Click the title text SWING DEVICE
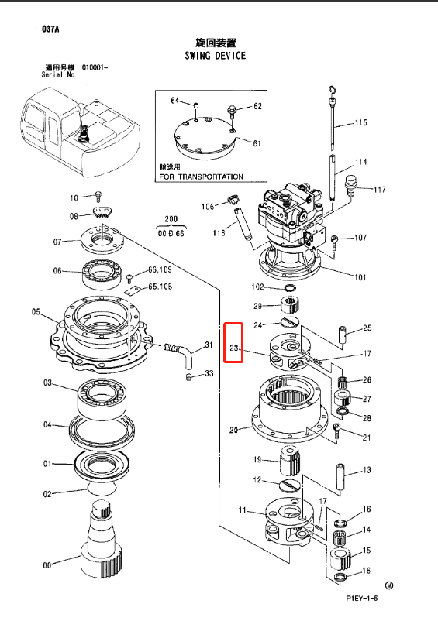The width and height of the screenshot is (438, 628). click(x=215, y=56)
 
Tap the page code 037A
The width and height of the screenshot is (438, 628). click(x=51, y=29)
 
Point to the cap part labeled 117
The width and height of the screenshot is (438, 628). click(x=349, y=186)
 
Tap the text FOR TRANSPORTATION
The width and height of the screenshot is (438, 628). click(x=201, y=177)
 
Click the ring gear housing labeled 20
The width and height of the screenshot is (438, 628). click(x=287, y=410)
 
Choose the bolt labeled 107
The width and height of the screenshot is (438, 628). click(x=334, y=240)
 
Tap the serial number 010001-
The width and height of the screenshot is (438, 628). click(x=95, y=67)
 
